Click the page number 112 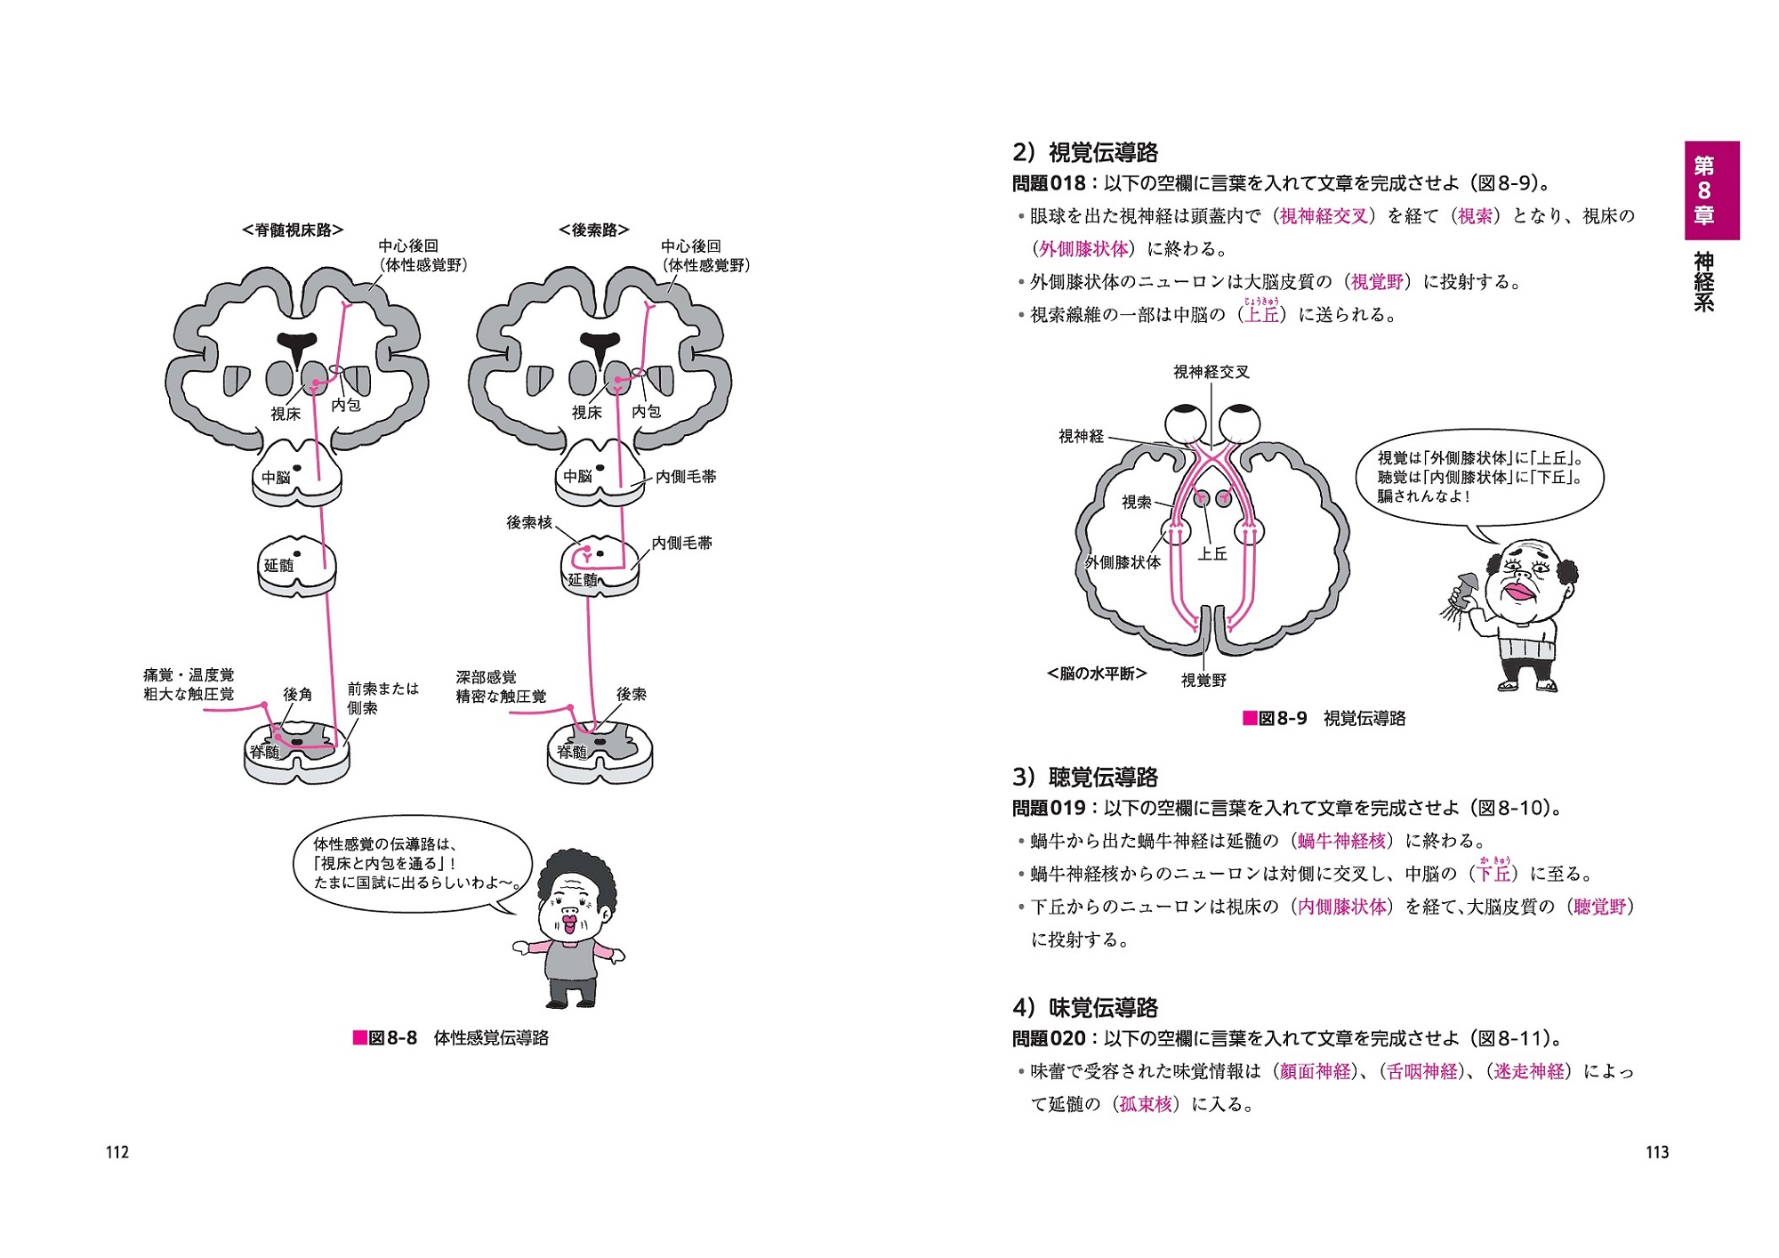coord(117,1152)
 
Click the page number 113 coord(1657,1152)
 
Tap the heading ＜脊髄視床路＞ coord(293,230)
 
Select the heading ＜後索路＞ coord(594,230)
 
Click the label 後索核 coord(529,522)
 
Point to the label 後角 coord(297,694)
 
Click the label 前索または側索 coord(382,698)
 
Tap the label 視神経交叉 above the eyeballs coord(1211,372)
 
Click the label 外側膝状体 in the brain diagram coord(1123,562)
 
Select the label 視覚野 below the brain coord(1203,680)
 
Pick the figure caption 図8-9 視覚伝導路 coord(1324,718)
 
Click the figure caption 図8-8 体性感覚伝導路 coord(451,1037)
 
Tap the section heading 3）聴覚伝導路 coord(1085,777)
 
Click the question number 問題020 coord(1049,1038)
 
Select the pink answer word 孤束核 coord(1146,1104)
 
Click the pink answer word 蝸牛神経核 coord(1341,841)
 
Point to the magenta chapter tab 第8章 coord(1711,190)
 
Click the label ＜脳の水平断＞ coord(1097,673)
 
